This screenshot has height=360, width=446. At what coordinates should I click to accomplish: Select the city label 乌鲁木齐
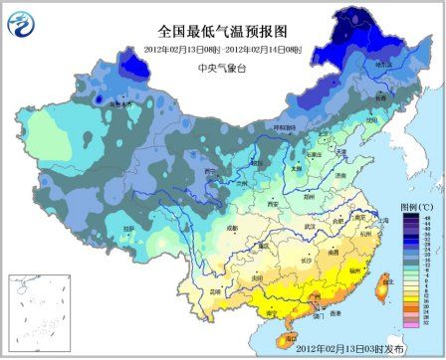tap(119, 103)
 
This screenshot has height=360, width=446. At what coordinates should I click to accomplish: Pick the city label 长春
tap(382, 100)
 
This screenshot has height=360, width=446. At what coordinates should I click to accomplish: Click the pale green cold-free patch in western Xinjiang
tap(50, 129)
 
